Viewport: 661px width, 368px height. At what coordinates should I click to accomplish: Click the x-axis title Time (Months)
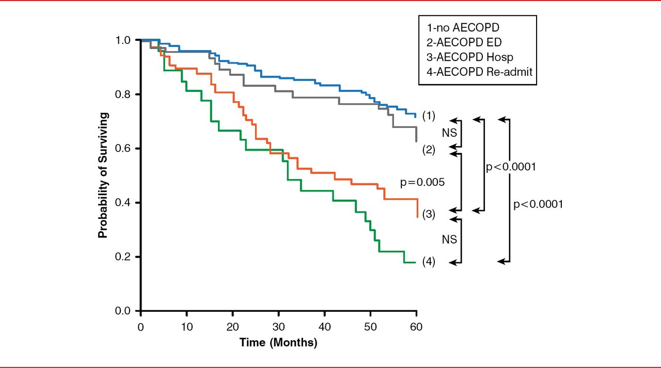[278, 342]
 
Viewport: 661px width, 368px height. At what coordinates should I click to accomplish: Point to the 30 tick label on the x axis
[278, 327]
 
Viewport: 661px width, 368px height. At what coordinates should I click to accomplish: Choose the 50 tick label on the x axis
[370, 327]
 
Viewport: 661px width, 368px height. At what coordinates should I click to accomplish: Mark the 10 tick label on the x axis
[186, 327]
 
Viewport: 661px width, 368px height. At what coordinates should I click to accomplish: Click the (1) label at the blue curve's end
[429, 116]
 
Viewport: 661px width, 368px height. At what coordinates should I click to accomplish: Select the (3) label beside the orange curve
[429, 214]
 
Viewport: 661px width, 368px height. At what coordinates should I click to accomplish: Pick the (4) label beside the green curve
[429, 262]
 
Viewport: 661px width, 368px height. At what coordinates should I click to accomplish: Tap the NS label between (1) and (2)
[449, 133]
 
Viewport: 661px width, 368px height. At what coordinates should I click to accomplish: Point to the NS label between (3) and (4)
[449, 240]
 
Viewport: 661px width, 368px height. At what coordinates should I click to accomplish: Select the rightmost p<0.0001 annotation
[538, 204]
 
